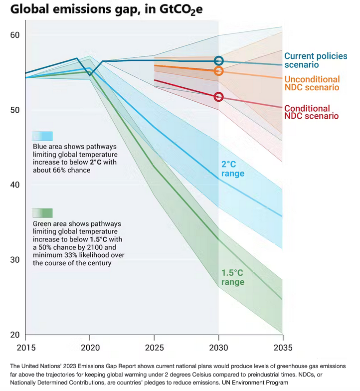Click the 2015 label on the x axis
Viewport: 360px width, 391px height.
(25, 347)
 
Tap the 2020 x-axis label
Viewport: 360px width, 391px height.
(90, 347)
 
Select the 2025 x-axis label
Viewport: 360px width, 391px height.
(154, 347)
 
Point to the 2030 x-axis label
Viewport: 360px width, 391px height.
(218, 347)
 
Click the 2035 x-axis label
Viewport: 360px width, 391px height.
(282, 347)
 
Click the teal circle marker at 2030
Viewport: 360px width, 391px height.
(218, 61)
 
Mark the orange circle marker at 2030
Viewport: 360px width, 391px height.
(218, 71)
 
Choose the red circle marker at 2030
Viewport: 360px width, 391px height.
(218, 97)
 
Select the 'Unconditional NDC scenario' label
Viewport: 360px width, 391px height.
(312, 83)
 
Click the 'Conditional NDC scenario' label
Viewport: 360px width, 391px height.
(311, 112)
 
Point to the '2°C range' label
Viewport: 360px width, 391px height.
(233, 169)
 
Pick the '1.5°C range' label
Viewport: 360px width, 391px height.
(233, 277)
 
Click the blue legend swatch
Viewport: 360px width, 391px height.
(42, 136)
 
